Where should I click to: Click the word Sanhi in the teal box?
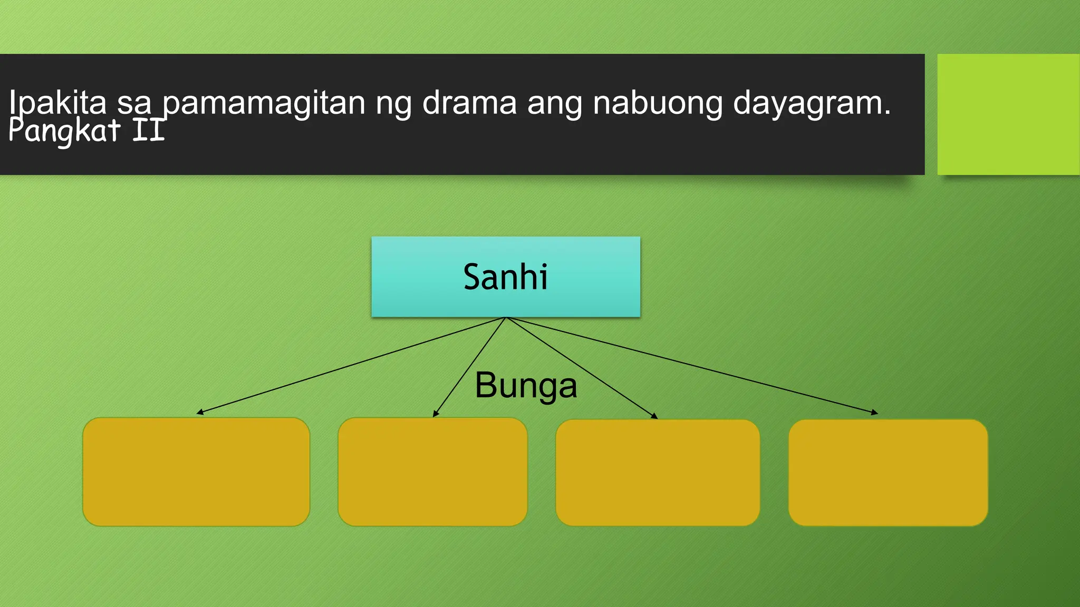click(x=505, y=277)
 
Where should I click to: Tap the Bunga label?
click(x=526, y=386)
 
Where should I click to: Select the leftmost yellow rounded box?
click(x=196, y=472)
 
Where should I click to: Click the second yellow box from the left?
click(x=432, y=472)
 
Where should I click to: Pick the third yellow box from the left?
click(x=658, y=473)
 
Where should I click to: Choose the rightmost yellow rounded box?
click(x=888, y=473)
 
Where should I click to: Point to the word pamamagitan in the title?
click(x=264, y=103)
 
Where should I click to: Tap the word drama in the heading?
click(x=469, y=102)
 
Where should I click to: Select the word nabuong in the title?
click(x=658, y=103)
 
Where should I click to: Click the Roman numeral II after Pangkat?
click(x=149, y=131)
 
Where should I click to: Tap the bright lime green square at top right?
click(x=1008, y=114)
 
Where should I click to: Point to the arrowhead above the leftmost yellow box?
click(x=199, y=413)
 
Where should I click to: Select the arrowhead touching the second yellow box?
click(x=435, y=414)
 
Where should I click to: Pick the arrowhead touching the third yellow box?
click(x=654, y=416)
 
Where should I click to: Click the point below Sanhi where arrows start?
click(x=505, y=318)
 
